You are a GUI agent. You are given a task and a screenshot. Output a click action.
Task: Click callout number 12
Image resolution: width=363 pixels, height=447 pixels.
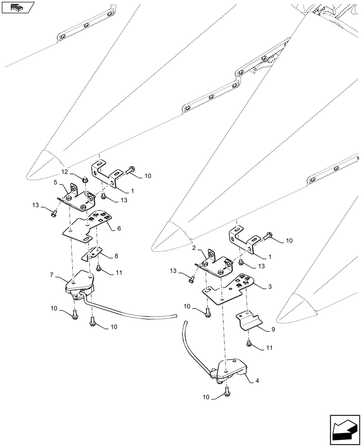(x=64, y=172)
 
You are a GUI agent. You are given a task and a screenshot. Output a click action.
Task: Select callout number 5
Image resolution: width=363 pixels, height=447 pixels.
(x=56, y=182)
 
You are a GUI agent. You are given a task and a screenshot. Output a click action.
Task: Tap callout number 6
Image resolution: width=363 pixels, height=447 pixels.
(x=119, y=228)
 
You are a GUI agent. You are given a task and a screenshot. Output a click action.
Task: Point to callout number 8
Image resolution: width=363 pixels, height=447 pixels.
(x=116, y=256)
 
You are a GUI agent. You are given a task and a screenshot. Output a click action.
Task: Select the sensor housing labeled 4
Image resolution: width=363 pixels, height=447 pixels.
(x=230, y=369)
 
